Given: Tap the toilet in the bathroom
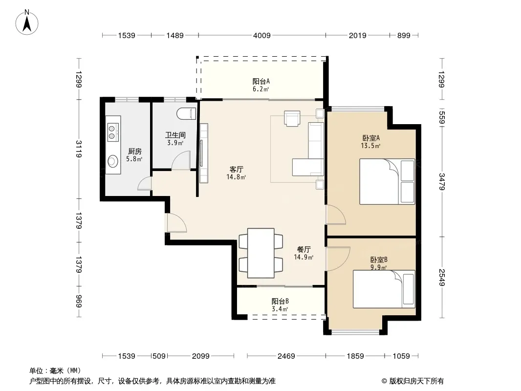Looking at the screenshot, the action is click(x=186, y=113).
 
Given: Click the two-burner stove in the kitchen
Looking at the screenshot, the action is click(x=113, y=132).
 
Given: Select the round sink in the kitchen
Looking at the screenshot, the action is click(x=113, y=161).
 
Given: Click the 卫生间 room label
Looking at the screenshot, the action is click(x=175, y=135).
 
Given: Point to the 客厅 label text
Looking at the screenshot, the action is click(x=236, y=170).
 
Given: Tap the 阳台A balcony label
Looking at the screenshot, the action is click(x=261, y=82).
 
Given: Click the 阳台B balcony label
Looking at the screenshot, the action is click(x=280, y=301).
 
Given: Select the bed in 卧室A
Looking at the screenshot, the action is click(x=387, y=181).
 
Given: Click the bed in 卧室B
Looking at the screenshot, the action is click(x=384, y=289).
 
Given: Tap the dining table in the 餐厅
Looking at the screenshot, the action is click(x=261, y=253).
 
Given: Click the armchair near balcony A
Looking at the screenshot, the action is click(x=292, y=118).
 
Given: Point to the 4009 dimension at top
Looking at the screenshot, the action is click(x=262, y=36).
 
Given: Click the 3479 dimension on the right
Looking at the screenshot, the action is click(x=442, y=182).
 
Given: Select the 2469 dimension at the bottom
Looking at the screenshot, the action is click(x=286, y=356).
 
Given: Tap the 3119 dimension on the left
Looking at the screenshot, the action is click(x=79, y=149).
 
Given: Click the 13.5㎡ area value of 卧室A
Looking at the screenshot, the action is click(x=370, y=146).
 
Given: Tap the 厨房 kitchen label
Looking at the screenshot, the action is click(x=135, y=152).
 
